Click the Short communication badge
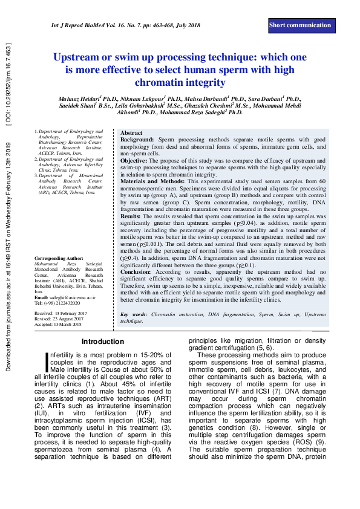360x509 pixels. click(x=300, y=25)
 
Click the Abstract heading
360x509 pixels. click(x=131, y=132)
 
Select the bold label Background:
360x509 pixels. click(x=137, y=139)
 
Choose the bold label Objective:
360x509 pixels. click(x=134, y=161)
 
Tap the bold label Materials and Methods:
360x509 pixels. click(x=152, y=181)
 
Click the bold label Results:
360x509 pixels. click(x=131, y=216)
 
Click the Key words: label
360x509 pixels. click(x=134, y=315)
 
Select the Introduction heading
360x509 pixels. click(x=102, y=342)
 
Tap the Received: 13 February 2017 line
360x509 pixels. click(x=61, y=313)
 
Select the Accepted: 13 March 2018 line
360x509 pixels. click(x=61, y=325)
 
